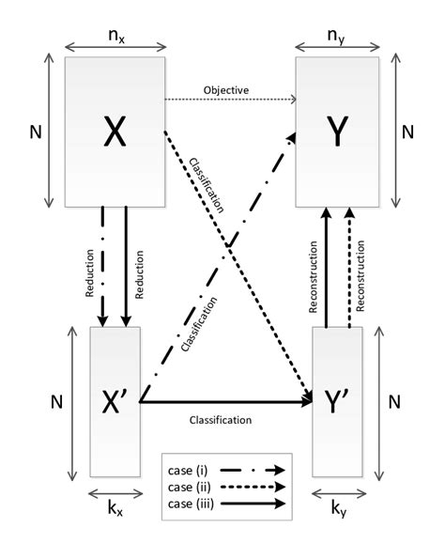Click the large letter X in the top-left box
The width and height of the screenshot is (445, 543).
[x=114, y=133]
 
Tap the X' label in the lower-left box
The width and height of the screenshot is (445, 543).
[x=115, y=403]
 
